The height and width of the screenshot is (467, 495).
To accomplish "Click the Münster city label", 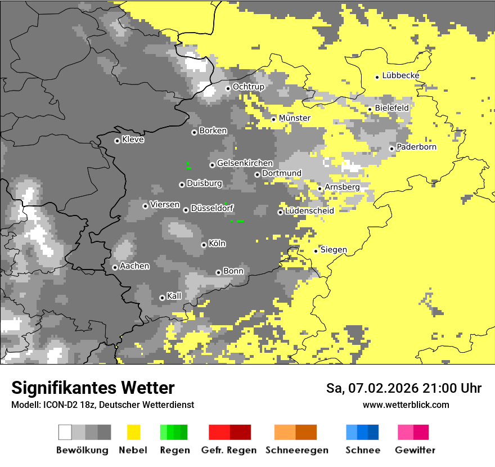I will click(295, 118).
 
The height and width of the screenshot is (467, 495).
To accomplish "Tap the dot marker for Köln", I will click(204, 245).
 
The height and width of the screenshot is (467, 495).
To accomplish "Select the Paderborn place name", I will click(417, 147).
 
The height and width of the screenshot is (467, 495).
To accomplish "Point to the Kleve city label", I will click(133, 140).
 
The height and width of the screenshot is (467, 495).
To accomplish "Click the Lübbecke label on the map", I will click(400, 75).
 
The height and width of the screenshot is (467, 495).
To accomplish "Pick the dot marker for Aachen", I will click(115, 267).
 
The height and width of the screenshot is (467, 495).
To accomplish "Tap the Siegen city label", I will click(334, 250).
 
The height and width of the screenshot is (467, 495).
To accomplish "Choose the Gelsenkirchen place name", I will click(245, 163).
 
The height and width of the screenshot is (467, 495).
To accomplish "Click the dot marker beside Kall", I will click(162, 298).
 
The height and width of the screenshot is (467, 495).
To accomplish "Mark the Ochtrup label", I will click(249, 87).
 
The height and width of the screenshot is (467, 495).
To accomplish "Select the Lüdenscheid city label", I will click(309, 211).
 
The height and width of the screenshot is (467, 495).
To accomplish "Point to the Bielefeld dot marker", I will click(370, 109).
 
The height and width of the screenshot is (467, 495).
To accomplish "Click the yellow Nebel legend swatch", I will click(133, 432).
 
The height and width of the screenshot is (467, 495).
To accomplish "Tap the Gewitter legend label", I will click(415, 450).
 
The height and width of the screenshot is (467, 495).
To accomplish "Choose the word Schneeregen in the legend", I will click(298, 450).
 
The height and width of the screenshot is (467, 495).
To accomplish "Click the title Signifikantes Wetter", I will click(93, 388).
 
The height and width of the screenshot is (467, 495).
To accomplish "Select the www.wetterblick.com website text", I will click(406, 405).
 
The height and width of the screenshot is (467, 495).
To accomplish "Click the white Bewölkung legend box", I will click(65, 432).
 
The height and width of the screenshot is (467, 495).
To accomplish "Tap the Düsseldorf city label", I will click(212, 208).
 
